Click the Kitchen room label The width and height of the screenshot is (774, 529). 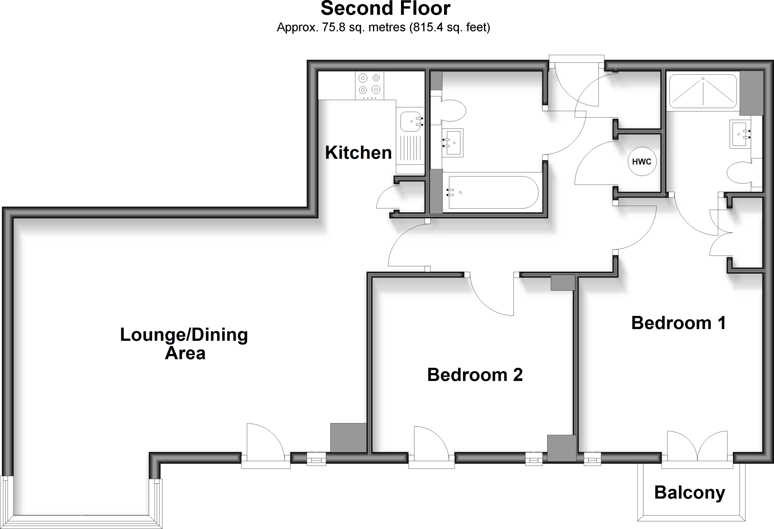tap(358, 153)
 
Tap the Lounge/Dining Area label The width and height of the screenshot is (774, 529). tap(184, 344)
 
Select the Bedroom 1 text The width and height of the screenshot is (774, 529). tap(678, 323)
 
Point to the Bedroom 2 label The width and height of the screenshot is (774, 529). tap(475, 375)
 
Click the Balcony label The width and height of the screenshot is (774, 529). tap(690, 493)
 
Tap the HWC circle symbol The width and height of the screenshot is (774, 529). tap(642, 162)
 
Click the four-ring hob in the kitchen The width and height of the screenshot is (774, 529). tap(369, 84)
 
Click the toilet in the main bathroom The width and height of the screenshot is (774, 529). tap(452, 111)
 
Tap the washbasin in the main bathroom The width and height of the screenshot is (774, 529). tap(453, 143)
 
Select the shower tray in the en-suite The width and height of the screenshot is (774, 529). tap(703, 91)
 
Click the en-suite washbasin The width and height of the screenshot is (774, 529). tap(740, 134)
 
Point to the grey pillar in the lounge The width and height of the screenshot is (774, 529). tap(348, 438)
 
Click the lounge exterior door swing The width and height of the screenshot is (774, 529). tap(265, 440)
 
